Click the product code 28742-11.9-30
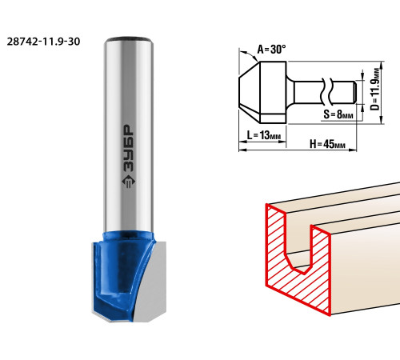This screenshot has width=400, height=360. pos(43,42)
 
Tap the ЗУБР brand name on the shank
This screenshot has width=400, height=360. pos(129,148)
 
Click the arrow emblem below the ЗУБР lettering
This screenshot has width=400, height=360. pos(129,182)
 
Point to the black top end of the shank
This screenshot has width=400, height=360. pos(129,39)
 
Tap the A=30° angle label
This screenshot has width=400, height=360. pos(271,49)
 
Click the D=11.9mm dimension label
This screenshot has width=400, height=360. pos(375,89)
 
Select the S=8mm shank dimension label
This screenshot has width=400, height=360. pos(338,114)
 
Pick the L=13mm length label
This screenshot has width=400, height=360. pos(264,135)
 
